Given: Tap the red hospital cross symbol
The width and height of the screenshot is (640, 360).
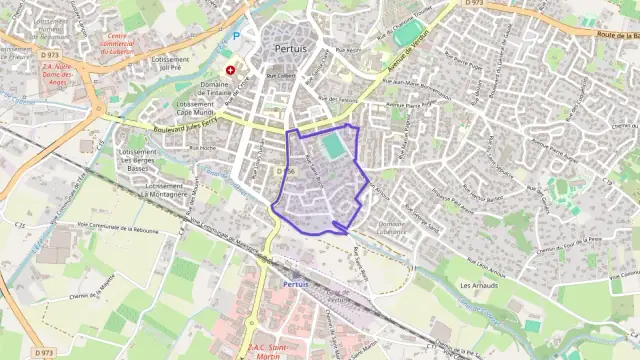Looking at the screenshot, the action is tap(231, 70).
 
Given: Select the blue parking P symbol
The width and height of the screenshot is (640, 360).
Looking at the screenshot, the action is tap(236, 36).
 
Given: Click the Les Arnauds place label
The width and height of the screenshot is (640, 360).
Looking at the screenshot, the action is tap(478, 286).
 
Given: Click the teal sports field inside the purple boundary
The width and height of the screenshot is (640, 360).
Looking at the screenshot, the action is tap(333, 147).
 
